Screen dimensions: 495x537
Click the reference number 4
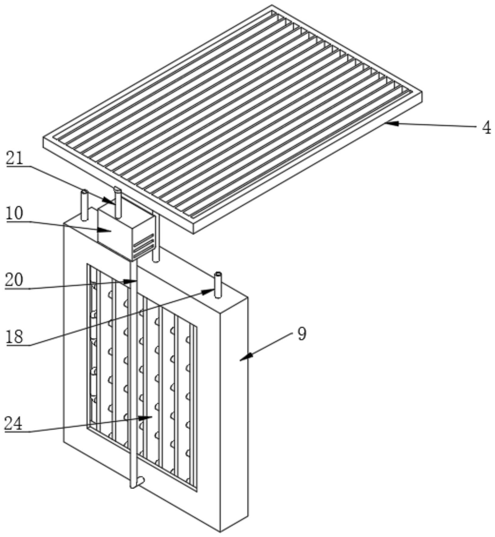(x=486, y=128)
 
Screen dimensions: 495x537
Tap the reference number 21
(x=15, y=158)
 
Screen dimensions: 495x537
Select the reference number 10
(x=15, y=214)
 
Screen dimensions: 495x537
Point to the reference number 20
(x=14, y=280)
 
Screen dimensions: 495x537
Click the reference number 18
(x=15, y=337)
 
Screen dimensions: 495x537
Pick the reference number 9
(x=302, y=334)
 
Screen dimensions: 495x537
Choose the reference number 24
(x=13, y=423)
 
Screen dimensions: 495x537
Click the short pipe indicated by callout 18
(x=218, y=285)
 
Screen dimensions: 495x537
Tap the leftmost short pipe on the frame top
(x=85, y=205)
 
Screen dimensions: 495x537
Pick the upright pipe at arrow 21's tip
(x=118, y=203)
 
